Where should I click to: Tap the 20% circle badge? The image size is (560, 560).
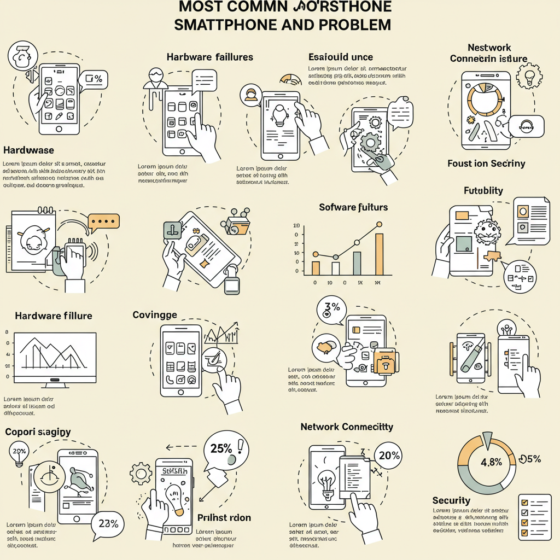click(x=389, y=456)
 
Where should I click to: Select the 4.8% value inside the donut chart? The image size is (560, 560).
click(x=491, y=462)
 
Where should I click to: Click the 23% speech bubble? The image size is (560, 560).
click(x=108, y=523)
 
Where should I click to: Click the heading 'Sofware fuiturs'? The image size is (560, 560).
click(x=353, y=207)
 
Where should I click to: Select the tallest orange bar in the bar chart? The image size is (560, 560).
click(x=379, y=254)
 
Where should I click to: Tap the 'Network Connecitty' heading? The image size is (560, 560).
click(x=347, y=427)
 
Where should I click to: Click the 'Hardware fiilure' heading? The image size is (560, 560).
click(x=54, y=316)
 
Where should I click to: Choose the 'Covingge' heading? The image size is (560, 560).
click(x=155, y=314)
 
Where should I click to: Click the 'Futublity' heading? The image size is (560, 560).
click(x=483, y=191)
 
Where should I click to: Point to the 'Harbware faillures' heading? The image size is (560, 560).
click(x=210, y=57)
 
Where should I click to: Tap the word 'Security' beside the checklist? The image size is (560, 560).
click(x=451, y=500)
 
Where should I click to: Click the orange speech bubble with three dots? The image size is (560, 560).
click(x=103, y=220)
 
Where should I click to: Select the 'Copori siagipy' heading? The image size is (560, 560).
click(x=38, y=432)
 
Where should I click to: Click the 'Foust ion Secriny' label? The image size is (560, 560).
click(x=486, y=164)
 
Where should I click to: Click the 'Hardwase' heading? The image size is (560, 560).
click(x=28, y=150)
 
